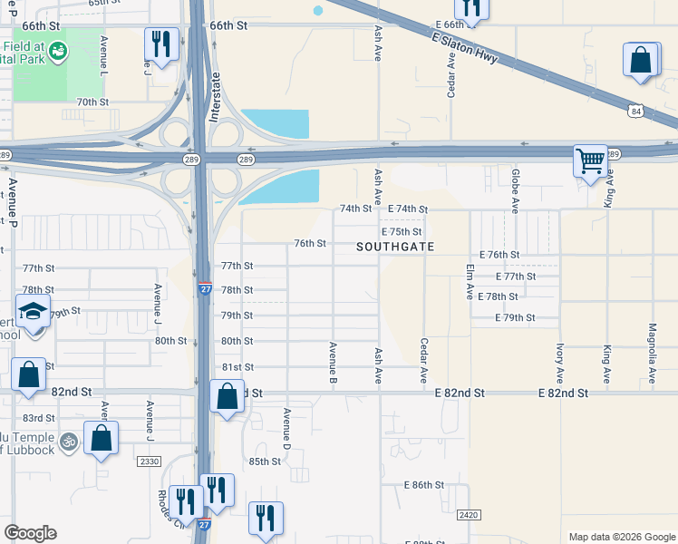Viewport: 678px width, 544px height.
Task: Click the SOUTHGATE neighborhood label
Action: [x=395, y=247]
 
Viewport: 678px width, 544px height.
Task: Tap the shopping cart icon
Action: [x=590, y=161]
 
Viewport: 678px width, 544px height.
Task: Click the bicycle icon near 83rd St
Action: [x=69, y=442]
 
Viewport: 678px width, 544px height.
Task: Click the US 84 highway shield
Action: [x=638, y=112]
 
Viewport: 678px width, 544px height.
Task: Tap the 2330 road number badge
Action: [x=149, y=461]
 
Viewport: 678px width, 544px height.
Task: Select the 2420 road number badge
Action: [x=469, y=515]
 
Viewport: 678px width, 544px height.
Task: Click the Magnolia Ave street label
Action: [x=653, y=353]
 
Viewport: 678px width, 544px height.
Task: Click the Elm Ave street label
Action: [x=470, y=282]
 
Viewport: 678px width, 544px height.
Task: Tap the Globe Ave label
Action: [x=515, y=190]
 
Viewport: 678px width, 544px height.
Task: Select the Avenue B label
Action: [x=334, y=359]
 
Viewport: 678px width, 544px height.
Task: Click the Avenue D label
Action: [x=286, y=428]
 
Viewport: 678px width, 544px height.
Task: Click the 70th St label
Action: [x=92, y=102]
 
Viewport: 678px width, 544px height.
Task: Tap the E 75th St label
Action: [x=406, y=231]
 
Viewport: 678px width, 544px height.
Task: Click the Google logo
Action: [x=30, y=533]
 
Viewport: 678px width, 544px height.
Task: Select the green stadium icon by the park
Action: [x=57, y=50]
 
